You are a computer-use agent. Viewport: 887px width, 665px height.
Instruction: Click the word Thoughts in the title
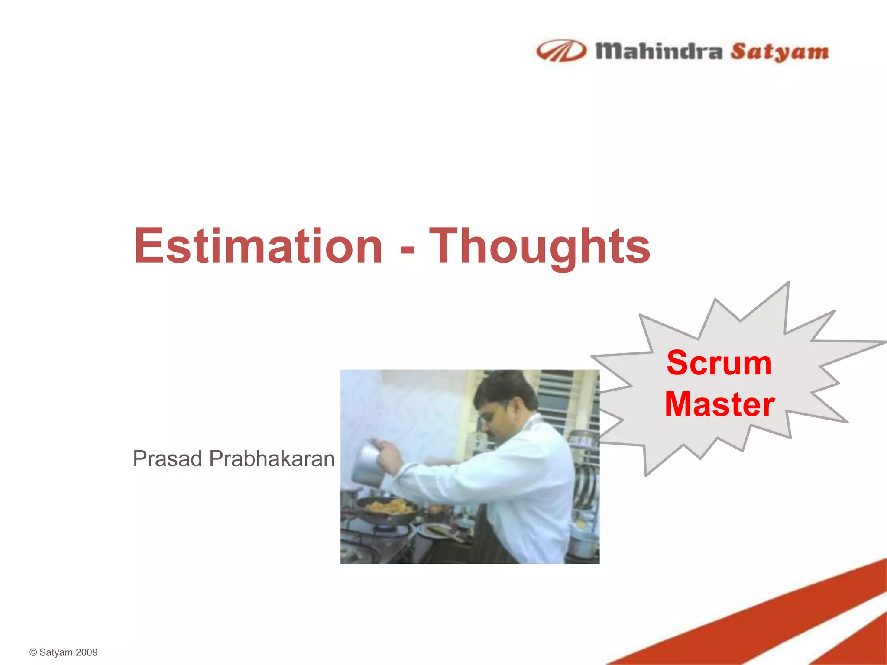coord(540,247)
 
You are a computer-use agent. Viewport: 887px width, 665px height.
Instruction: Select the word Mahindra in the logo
coord(659,52)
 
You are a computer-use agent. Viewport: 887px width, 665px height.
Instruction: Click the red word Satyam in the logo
coord(780,52)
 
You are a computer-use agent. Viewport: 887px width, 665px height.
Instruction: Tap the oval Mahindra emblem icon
coord(561,51)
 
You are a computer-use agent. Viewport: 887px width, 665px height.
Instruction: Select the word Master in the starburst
coord(719,404)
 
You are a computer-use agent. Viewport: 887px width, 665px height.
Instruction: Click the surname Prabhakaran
coord(272,459)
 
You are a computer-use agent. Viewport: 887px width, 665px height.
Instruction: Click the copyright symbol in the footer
coord(33,652)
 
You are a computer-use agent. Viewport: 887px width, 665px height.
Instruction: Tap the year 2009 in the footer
coord(87,652)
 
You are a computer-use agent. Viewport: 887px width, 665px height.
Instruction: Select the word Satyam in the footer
coord(56,652)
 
